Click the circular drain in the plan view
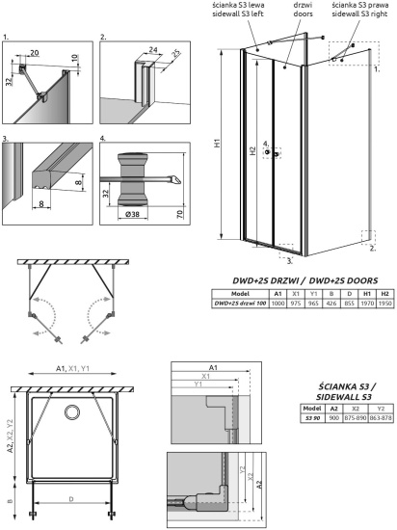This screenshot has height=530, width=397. [72, 412]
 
